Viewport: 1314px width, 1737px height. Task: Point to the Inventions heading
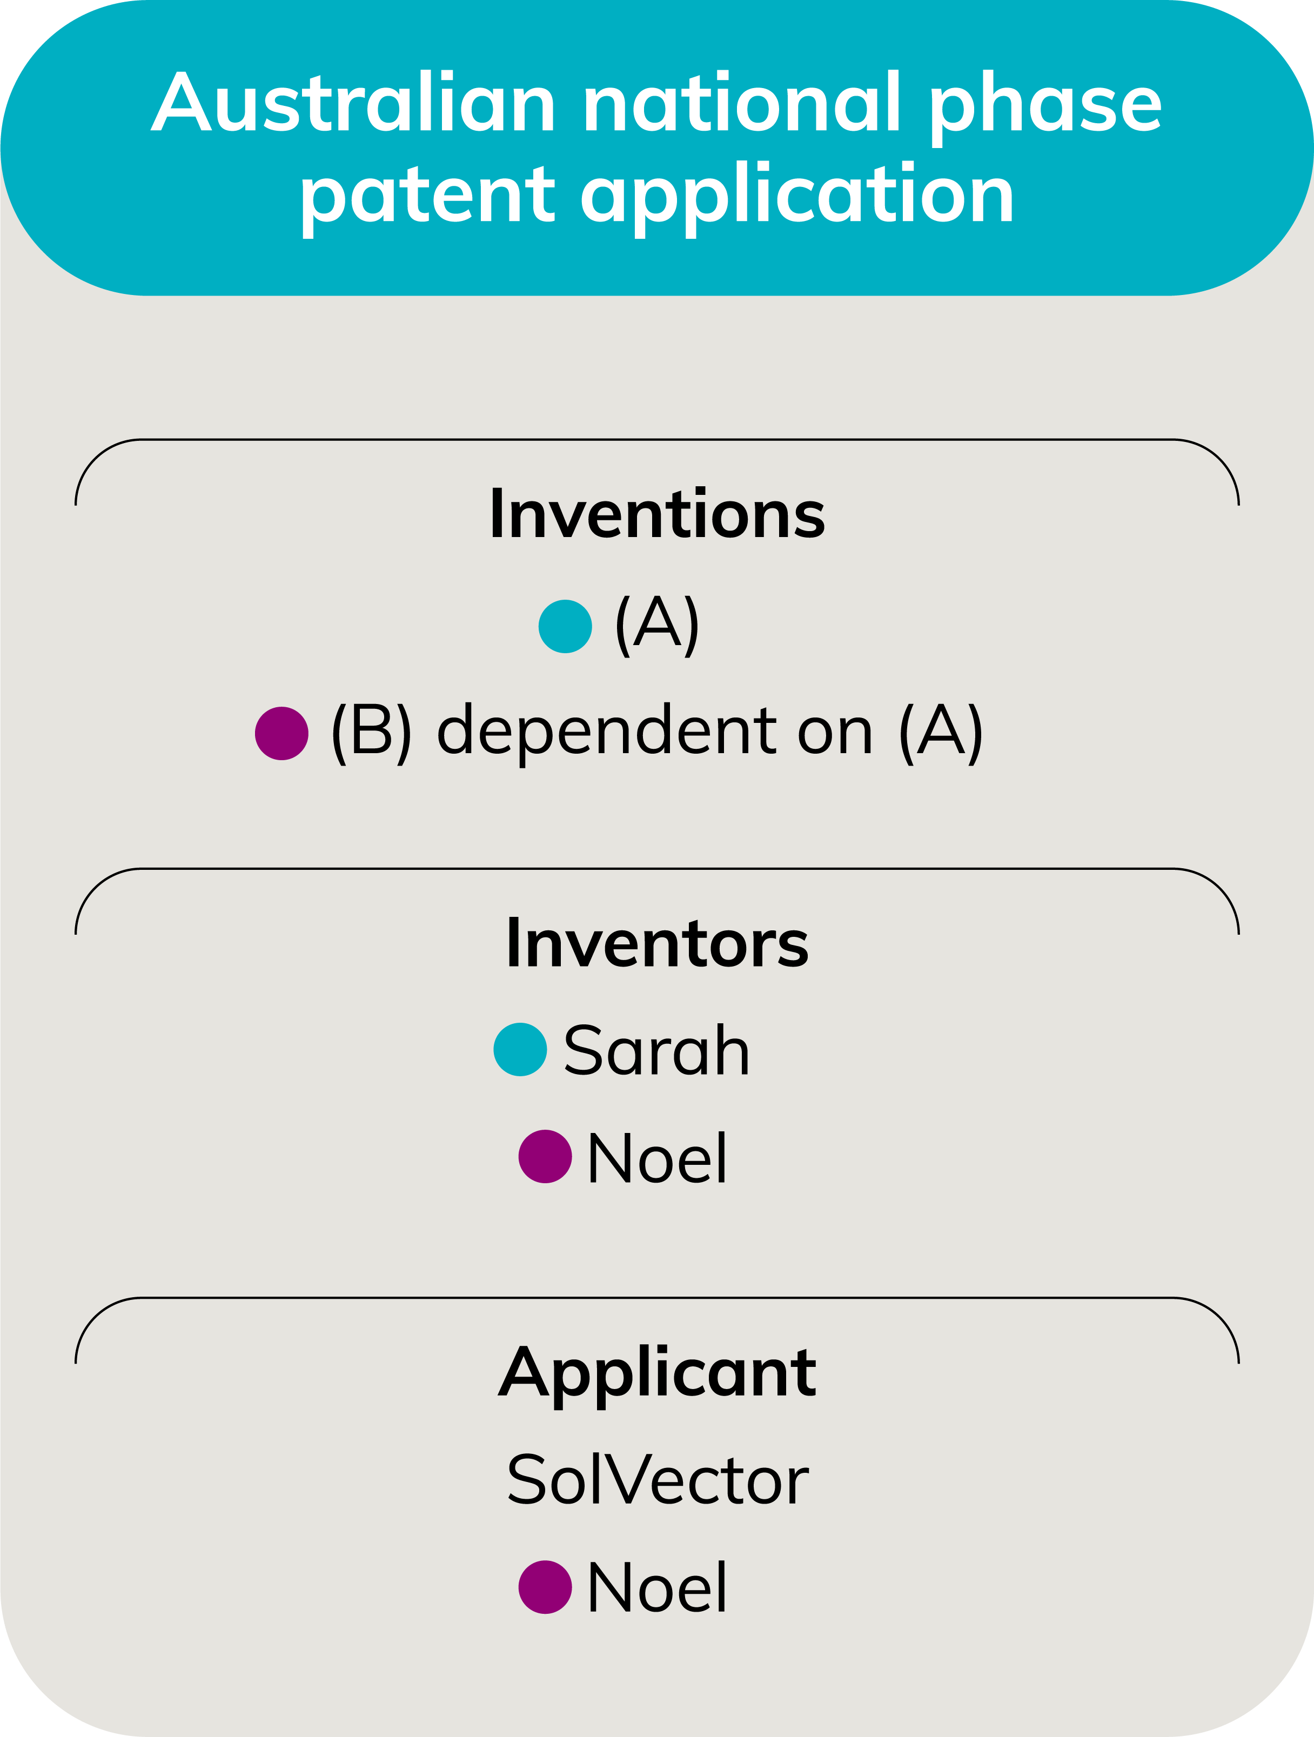(x=658, y=514)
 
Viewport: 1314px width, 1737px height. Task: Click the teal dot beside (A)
(x=565, y=626)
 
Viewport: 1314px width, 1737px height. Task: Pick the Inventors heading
(x=658, y=943)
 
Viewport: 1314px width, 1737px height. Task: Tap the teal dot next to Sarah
(x=520, y=1050)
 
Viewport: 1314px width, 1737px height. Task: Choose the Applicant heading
(x=658, y=1373)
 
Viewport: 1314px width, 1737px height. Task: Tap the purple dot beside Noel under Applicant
(x=545, y=1587)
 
